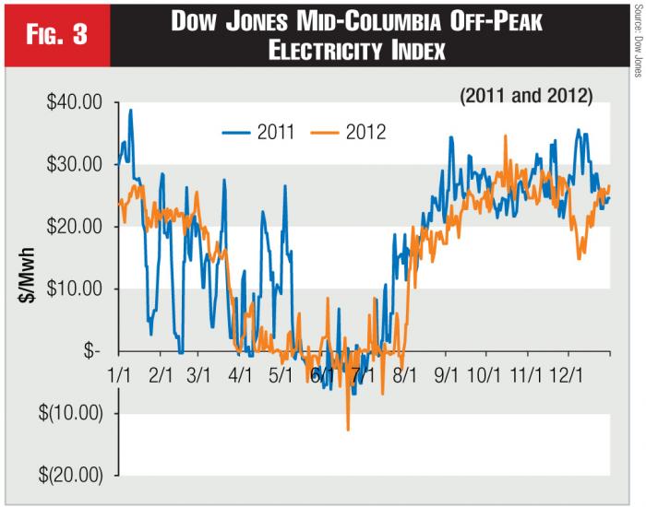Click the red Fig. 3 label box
tap(56, 36)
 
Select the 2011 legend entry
tap(257, 132)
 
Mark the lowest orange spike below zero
tap(348, 429)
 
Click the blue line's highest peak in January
tap(131, 111)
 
